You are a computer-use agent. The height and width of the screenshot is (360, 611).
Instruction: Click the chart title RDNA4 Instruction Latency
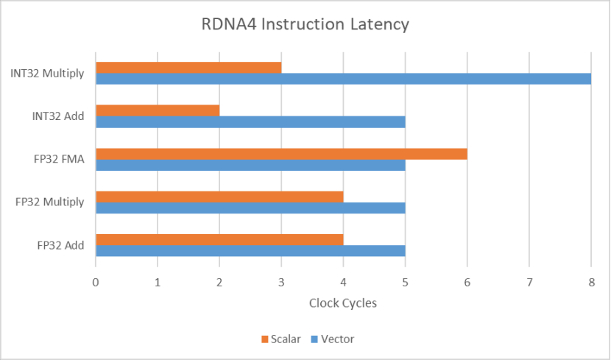305,24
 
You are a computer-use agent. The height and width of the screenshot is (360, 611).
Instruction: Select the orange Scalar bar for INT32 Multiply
188,68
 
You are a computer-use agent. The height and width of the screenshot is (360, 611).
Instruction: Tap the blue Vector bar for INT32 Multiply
343,79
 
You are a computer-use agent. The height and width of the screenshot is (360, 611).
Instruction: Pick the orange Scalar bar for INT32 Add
158,110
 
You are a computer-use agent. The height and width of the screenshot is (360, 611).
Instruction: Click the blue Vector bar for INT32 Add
250,121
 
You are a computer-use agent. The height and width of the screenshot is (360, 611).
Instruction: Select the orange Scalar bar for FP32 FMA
281,154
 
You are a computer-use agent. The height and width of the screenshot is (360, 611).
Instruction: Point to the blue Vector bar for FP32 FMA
250,165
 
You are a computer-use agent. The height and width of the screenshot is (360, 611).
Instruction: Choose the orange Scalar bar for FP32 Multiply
219,197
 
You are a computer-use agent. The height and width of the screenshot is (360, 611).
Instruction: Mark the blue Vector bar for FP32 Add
250,251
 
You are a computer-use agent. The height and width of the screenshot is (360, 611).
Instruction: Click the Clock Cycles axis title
343,303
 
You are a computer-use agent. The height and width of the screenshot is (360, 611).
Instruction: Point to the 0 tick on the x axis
96,282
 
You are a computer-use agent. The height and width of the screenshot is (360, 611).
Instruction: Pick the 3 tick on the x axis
281,282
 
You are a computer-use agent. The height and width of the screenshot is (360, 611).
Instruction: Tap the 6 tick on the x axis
467,282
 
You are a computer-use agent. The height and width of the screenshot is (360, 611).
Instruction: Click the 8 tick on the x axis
590,282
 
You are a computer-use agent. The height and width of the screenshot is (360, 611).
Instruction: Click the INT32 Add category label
58,116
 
